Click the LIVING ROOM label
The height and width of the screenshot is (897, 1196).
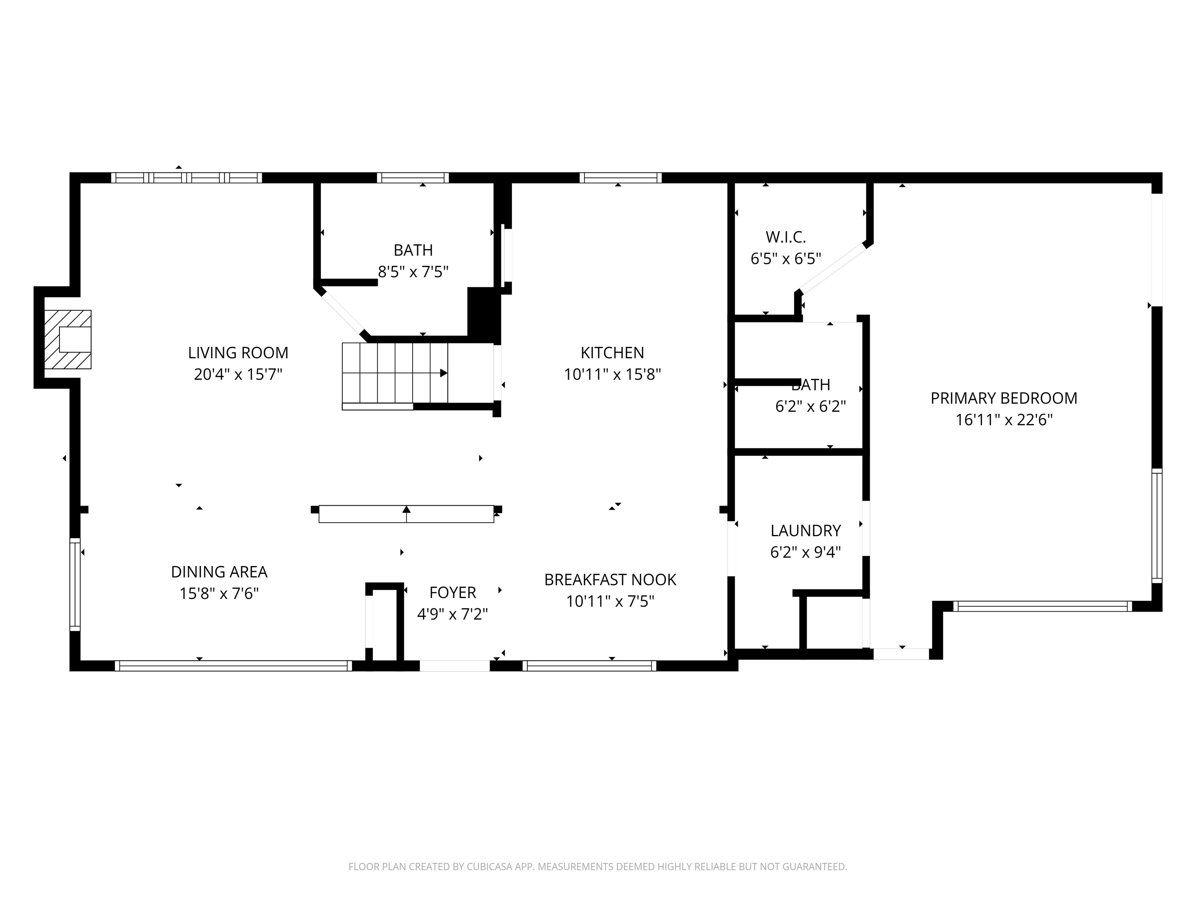pyautogui.click(x=238, y=352)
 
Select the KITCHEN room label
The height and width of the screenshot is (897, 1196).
pyautogui.click(x=612, y=352)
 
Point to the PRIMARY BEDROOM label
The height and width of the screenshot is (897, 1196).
pyautogui.click(x=1004, y=398)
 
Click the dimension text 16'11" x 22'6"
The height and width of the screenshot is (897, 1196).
pyautogui.click(x=1004, y=420)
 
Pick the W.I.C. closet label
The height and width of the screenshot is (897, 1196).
pyautogui.click(x=786, y=237)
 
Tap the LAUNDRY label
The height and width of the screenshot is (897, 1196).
pyautogui.click(x=806, y=530)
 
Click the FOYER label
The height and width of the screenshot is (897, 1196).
pyautogui.click(x=452, y=593)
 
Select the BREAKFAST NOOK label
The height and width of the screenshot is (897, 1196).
pyautogui.click(x=610, y=580)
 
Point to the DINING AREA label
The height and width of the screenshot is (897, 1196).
pyautogui.click(x=219, y=572)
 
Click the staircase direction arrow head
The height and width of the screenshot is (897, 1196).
pyautogui.click(x=443, y=373)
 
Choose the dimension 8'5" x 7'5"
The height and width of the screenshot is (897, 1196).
pyautogui.click(x=413, y=271)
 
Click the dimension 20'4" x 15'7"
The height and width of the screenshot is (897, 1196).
pyautogui.click(x=238, y=374)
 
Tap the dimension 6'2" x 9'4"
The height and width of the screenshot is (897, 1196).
pyautogui.click(x=806, y=552)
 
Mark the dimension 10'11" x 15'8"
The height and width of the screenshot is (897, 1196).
pyautogui.click(x=612, y=374)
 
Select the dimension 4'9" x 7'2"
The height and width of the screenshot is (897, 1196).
pyautogui.click(x=452, y=614)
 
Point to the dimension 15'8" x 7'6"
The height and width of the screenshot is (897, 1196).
pyautogui.click(x=219, y=593)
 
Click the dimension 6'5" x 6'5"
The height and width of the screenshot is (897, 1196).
pyautogui.click(x=786, y=259)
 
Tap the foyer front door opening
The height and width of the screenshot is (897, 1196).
pyautogui.click(x=455, y=666)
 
